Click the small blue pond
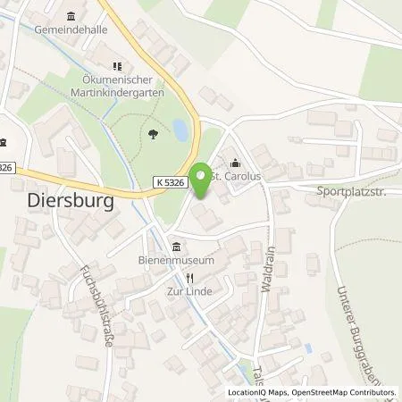point(180,130)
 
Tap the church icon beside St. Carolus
point(236,163)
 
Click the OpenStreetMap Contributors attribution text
point(343,392)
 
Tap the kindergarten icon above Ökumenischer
point(115,65)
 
